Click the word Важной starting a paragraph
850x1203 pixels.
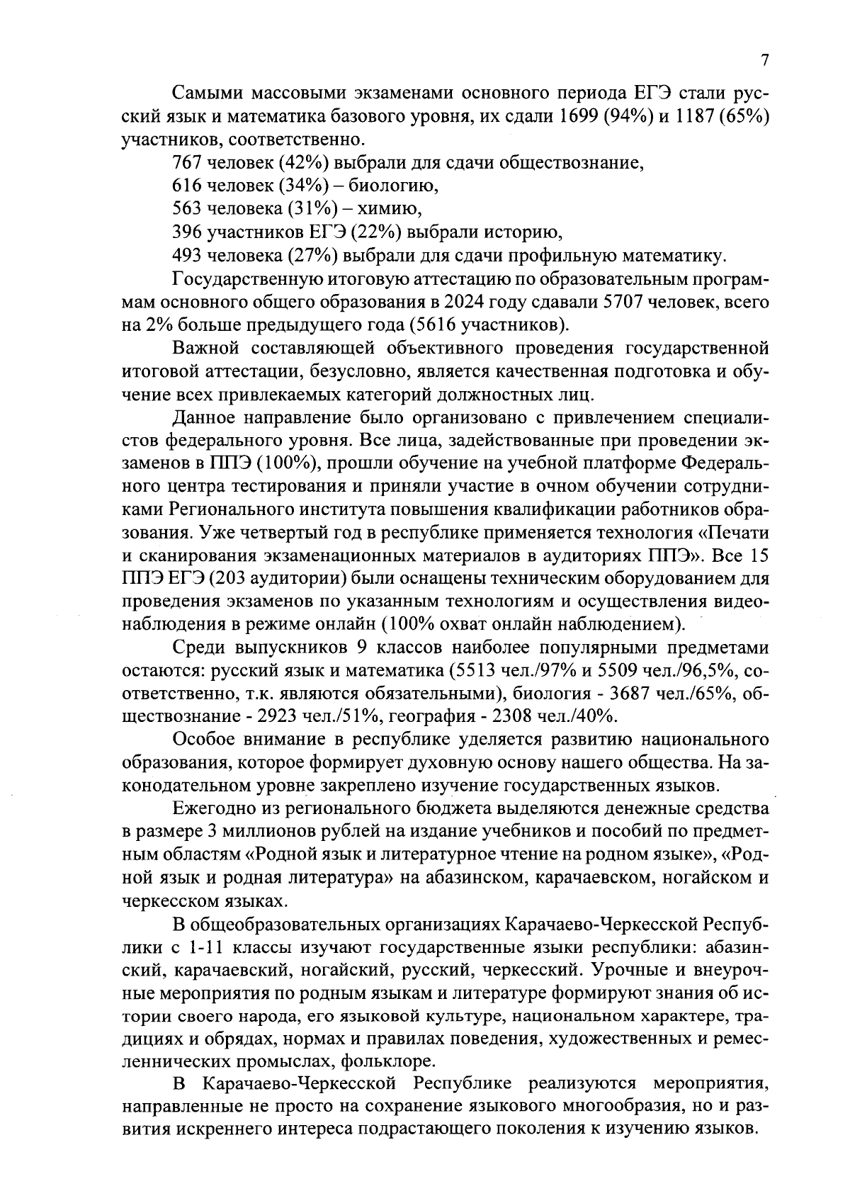tap(204, 349)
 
